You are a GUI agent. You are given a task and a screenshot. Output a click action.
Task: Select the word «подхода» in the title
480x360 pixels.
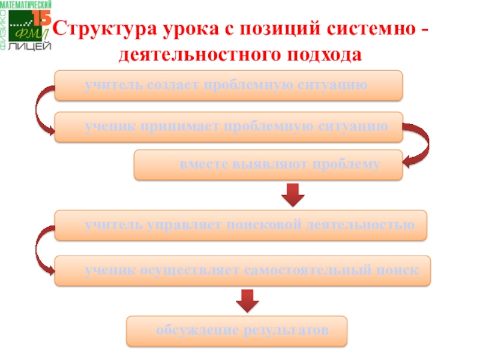click(326, 55)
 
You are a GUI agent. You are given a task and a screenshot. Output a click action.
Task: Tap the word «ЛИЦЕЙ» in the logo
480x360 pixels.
click(29, 47)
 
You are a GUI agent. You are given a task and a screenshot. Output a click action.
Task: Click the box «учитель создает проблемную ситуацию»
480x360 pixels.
click(228, 85)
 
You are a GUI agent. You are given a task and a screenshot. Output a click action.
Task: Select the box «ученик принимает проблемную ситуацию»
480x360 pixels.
click(228, 127)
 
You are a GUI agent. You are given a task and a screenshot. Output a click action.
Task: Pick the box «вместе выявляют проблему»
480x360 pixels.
click(268, 165)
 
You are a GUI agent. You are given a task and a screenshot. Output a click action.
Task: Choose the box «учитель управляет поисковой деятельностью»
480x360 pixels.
click(241, 225)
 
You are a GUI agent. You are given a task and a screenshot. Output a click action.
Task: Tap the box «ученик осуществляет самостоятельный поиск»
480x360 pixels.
click(242, 270)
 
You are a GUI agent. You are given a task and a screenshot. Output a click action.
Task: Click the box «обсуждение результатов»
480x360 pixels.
click(236, 331)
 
